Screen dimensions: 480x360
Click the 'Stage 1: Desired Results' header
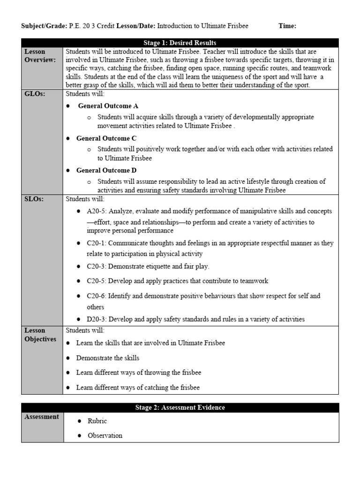click(180, 43)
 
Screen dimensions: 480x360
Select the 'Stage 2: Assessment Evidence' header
click(180, 407)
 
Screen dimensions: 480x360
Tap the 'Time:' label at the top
click(287, 26)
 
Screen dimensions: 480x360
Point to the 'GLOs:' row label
click(34, 94)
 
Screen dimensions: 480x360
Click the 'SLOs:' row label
click(33, 199)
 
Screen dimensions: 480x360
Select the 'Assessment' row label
click(42, 416)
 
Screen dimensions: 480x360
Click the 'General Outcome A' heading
click(108, 106)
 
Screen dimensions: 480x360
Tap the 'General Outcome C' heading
click(106, 138)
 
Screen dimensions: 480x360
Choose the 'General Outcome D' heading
click(106, 170)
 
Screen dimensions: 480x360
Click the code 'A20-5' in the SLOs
click(96, 211)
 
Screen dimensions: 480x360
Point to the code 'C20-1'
click(96, 243)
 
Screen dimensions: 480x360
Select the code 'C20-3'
click(96, 266)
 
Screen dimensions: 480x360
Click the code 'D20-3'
click(96, 319)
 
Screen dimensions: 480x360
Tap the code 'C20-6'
click(96, 296)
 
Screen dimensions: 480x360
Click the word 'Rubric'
click(97, 421)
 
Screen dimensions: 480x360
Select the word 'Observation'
click(105, 435)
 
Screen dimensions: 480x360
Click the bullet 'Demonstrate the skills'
click(108, 358)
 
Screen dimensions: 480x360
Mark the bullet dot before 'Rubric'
click(78, 421)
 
